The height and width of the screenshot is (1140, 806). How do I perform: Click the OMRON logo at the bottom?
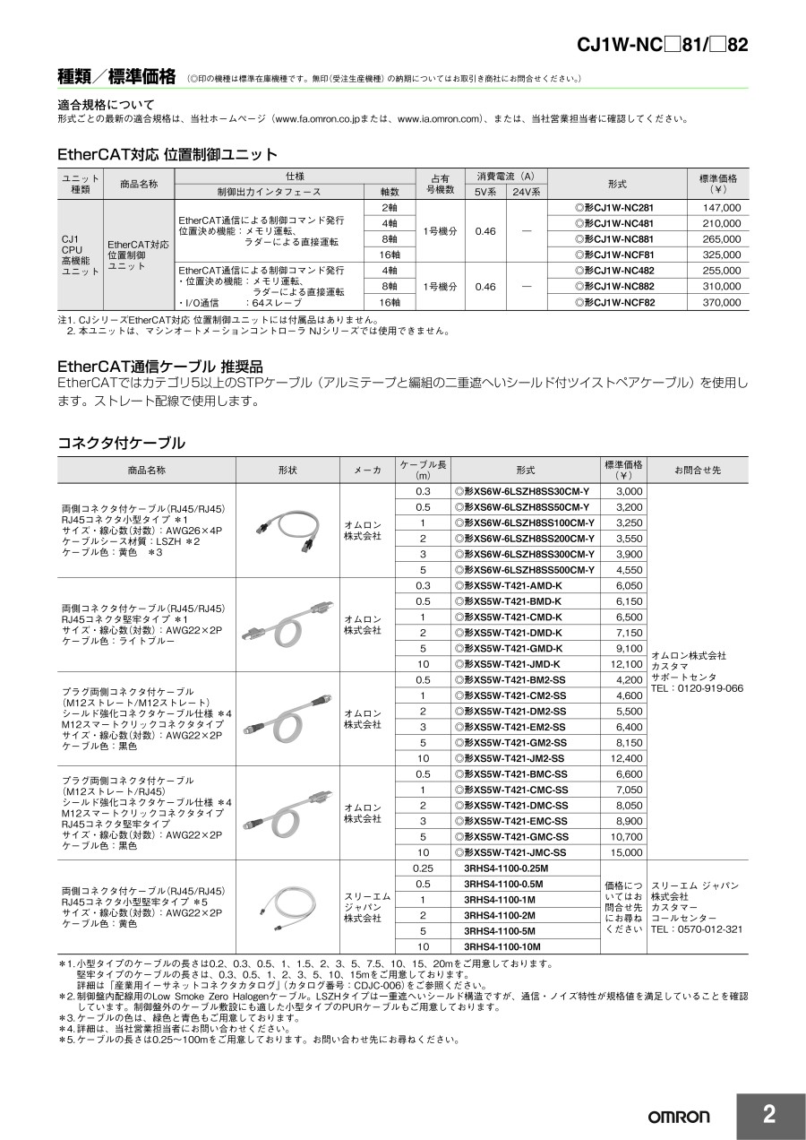(679, 1117)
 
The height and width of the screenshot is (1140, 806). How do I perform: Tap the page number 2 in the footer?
(769, 1115)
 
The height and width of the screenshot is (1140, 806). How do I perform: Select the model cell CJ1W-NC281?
(620, 208)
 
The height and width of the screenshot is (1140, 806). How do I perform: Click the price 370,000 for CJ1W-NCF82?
(721, 303)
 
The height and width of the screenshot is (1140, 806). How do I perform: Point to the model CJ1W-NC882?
(620, 287)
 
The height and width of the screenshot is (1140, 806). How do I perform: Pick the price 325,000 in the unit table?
(721, 255)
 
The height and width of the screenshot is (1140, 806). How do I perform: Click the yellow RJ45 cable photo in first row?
(287, 531)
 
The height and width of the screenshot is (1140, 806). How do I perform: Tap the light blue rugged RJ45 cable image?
(287, 624)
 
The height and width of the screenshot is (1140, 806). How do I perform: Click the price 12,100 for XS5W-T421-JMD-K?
(627, 664)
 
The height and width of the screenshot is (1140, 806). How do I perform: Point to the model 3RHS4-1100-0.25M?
(506, 868)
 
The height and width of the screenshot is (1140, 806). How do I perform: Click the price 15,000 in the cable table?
(628, 852)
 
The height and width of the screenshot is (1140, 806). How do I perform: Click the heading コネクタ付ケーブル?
(121, 443)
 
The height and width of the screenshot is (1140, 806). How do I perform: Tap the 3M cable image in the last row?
(287, 906)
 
